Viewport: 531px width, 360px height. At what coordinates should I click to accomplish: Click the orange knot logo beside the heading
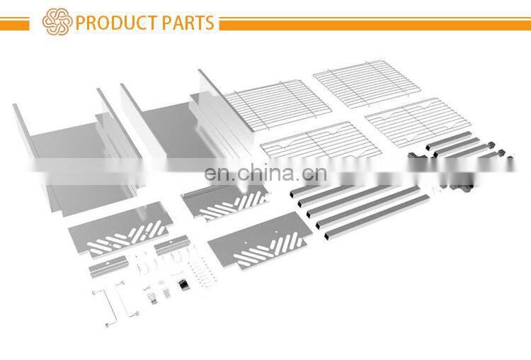(57, 22)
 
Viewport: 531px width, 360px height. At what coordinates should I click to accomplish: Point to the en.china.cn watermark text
(265, 174)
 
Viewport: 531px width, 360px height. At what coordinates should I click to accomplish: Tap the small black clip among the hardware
(183, 284)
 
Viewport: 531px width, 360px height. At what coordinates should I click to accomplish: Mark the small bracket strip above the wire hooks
(170, 246)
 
